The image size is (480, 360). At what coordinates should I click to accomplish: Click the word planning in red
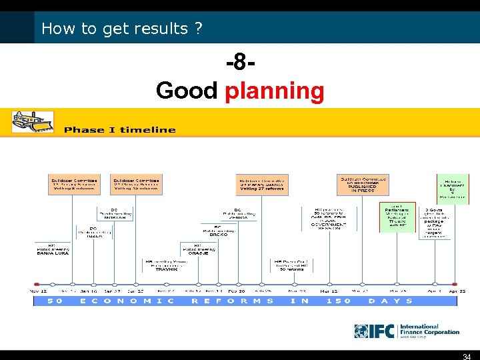pos(274,91)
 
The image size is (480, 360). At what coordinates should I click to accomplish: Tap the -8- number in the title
pos(241,65)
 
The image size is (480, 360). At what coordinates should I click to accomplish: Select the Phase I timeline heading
pos(120,130)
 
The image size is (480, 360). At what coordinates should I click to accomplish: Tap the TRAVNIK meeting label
pos(166,265)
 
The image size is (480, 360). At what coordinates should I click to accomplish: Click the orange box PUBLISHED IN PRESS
pos(363,185)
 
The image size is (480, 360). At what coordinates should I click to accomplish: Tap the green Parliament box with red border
pos(397,217)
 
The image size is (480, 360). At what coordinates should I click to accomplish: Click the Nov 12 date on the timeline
pos(39,291)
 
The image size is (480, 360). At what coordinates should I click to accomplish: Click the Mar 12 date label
pos(329,291)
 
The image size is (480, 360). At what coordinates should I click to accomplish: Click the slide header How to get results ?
pos(121,29)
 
